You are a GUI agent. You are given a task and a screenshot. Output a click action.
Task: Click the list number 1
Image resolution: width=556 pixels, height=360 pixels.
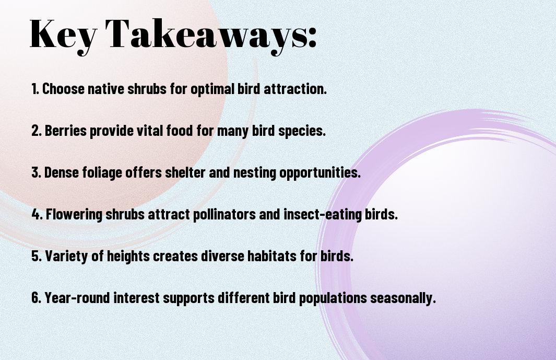tap(35, 89)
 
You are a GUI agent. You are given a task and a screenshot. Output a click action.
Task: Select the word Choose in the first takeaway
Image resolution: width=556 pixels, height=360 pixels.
tap(63, 89)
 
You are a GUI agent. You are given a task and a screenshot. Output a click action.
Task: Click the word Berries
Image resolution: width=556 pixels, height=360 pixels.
tap(66, 131)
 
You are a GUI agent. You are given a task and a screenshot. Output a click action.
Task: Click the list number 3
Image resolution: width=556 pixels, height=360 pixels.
tap(36, 172)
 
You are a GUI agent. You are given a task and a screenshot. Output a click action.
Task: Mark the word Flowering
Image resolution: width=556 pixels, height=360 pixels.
tap(74, 214)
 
